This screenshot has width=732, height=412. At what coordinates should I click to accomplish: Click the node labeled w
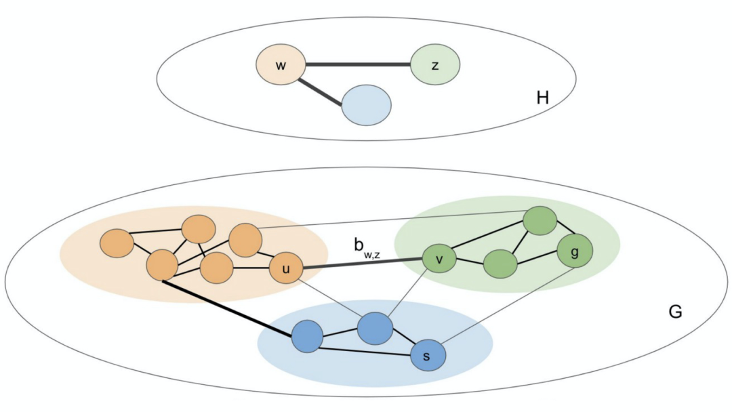279,66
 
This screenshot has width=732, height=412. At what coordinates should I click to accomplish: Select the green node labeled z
435,65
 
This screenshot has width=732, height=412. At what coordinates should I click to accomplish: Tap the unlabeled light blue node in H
366,106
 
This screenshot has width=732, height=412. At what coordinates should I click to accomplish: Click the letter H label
542,98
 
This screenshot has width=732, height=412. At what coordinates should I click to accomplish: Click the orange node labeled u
286,270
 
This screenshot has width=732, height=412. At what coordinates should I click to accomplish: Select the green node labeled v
439,259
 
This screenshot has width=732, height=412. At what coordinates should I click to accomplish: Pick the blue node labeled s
428,355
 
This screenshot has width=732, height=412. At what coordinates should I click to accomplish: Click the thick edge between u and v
363,264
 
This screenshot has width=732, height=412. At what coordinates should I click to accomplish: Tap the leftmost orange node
117,243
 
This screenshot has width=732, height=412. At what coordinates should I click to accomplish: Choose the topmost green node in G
540,221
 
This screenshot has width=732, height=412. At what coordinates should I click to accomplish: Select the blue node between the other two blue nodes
375,329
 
